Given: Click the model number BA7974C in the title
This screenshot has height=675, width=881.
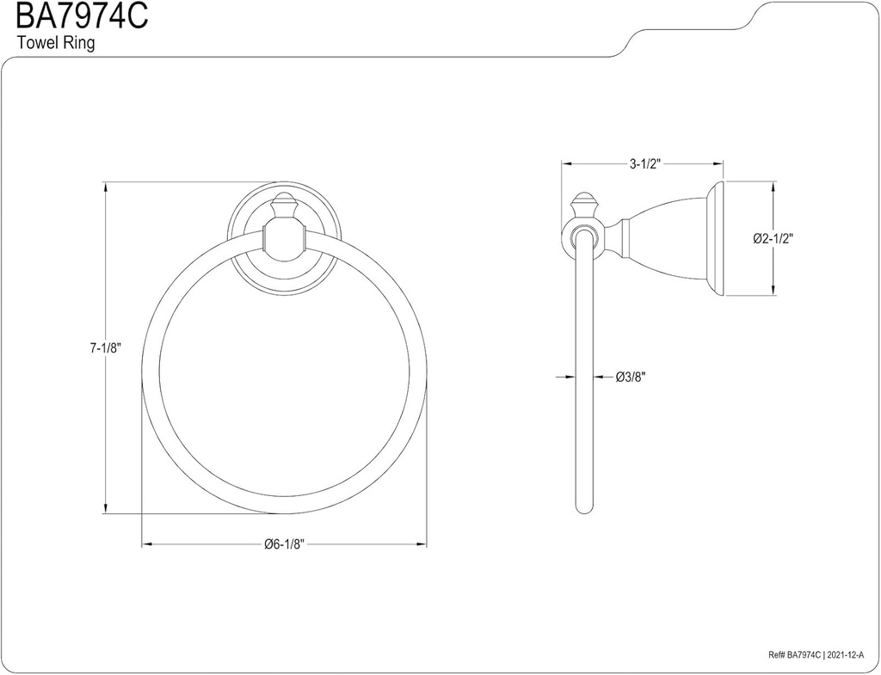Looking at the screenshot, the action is coord(82,16).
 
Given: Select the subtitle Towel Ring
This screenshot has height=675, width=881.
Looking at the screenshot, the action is coord(56,43).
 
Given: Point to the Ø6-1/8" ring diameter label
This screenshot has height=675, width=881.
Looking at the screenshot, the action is coord(284,544).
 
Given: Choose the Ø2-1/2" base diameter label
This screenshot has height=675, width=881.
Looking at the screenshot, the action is coord(773,238).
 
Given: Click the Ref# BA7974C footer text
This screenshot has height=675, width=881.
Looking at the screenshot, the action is coord(795,654).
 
